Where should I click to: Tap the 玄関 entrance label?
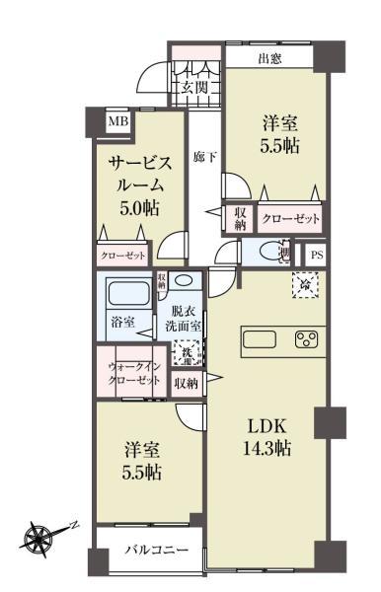point(195,88)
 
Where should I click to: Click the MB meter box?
point(117,121)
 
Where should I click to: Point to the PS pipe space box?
point(316,255)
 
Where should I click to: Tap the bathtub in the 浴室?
point(125,293)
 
